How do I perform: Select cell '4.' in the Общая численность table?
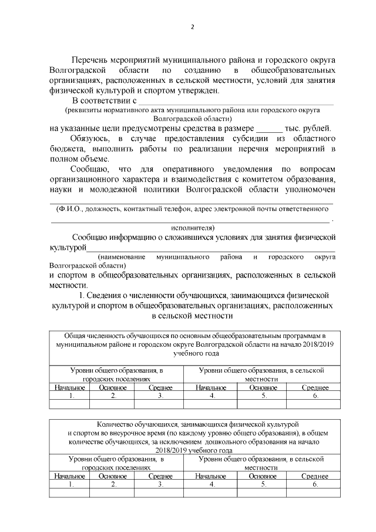click(x=211, y=396)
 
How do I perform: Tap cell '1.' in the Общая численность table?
click(x=70, y=396)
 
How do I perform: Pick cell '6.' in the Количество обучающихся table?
click(x=315, y=484)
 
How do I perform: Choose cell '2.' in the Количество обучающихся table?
click(x=113, y=484)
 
